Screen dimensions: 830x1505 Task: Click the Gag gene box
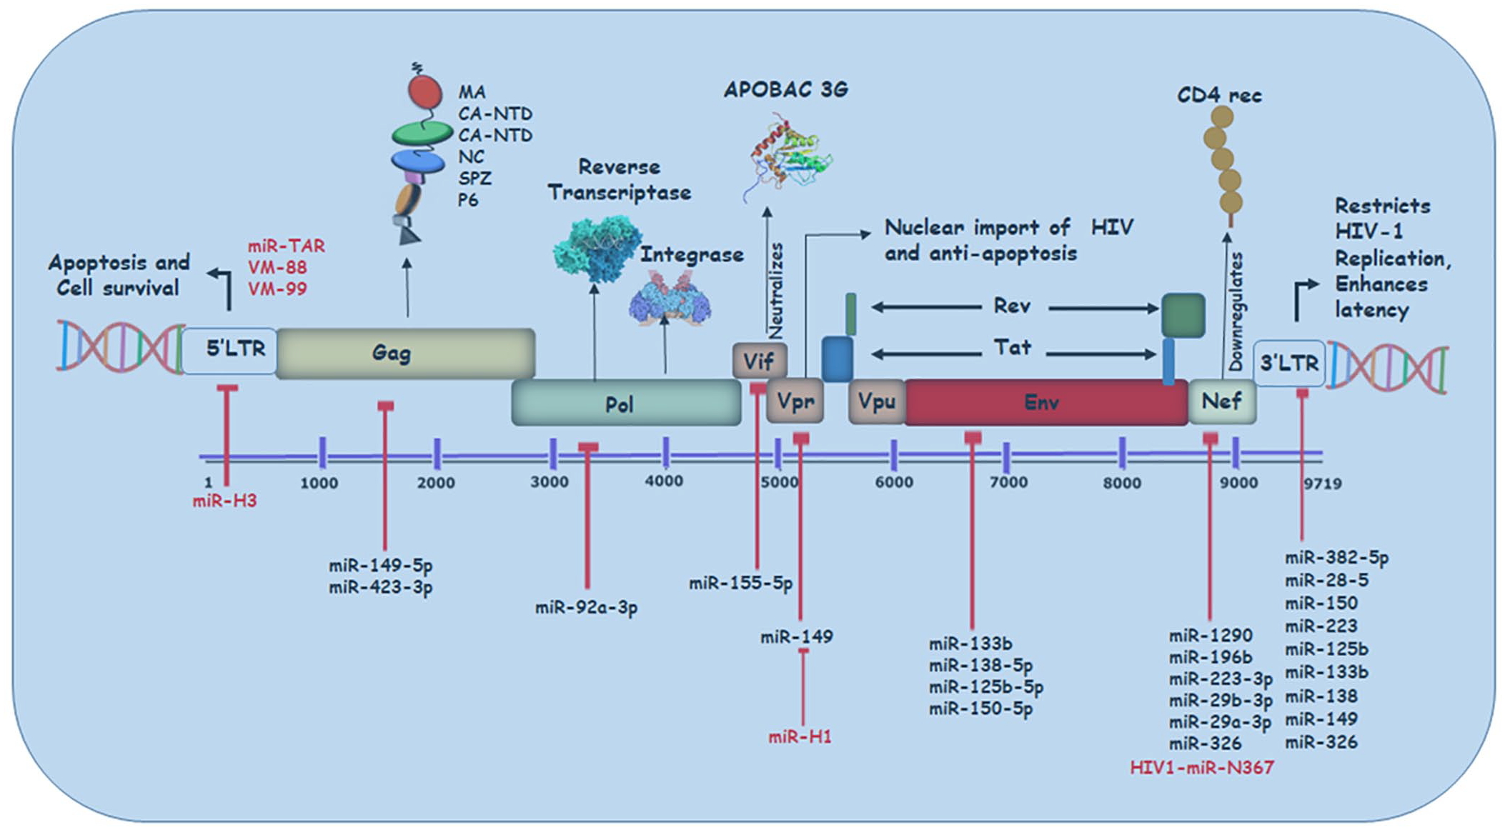(405, 353)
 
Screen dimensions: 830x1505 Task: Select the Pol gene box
(626, 404)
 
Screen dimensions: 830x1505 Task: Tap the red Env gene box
(1045, 403)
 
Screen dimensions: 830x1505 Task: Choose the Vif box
(759, 361)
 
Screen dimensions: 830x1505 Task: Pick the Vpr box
(795, 402)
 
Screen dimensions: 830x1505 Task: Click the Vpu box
(877, 402)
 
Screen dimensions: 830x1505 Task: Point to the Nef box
(1222, 401)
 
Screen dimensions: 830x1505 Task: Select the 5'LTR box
(230, 350)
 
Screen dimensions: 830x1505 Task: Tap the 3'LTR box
(1289, 364)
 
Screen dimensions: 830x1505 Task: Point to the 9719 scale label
(1322, 484)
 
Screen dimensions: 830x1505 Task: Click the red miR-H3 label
(224, 501)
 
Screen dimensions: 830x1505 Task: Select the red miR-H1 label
(800, 737)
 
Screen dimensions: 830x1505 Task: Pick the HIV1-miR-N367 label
(1202, 768)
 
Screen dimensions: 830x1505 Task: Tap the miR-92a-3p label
(586, 608)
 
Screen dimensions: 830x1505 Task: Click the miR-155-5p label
(741, 584)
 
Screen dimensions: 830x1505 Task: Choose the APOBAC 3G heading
(785, 90)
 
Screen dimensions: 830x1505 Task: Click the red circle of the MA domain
(424, 92)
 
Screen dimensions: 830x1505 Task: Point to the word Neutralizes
(775, 290)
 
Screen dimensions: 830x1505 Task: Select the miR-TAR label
(287, 246)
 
